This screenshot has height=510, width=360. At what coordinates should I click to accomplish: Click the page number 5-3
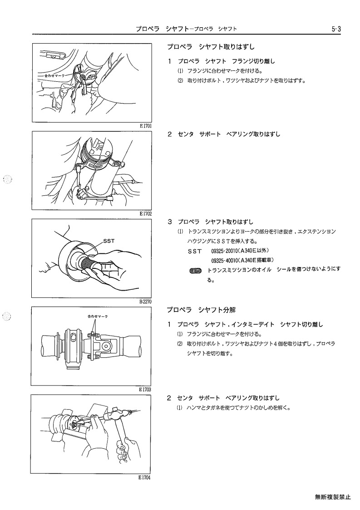point(336,29)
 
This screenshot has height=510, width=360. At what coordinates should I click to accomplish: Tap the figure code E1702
point(145,214)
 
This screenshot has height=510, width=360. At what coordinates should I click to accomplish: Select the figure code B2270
point(145,302)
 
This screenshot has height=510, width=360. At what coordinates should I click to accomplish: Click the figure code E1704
point(144,477)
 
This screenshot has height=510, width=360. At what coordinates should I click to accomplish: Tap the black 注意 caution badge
point(196,270)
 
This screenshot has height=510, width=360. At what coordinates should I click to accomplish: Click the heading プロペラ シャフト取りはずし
point(211,47)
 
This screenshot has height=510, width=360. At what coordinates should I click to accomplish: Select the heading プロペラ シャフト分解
point(201,310)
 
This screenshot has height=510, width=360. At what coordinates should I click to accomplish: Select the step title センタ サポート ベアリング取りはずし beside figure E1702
point(229,134)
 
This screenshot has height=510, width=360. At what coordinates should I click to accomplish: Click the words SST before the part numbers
point(195,251)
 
